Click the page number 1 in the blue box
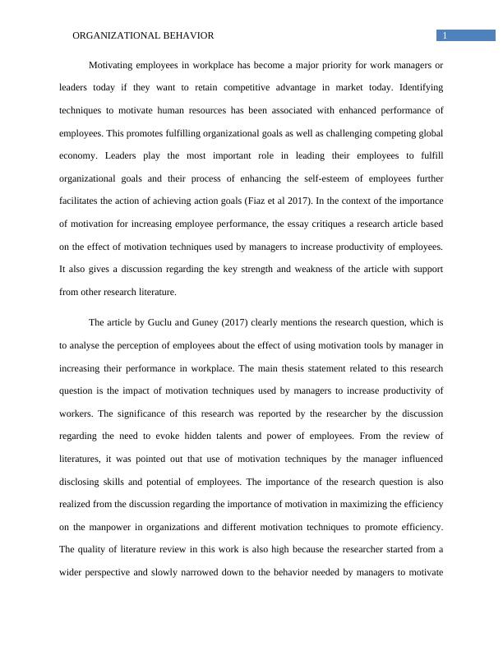pos(445,35)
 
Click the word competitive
pos(247,87)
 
